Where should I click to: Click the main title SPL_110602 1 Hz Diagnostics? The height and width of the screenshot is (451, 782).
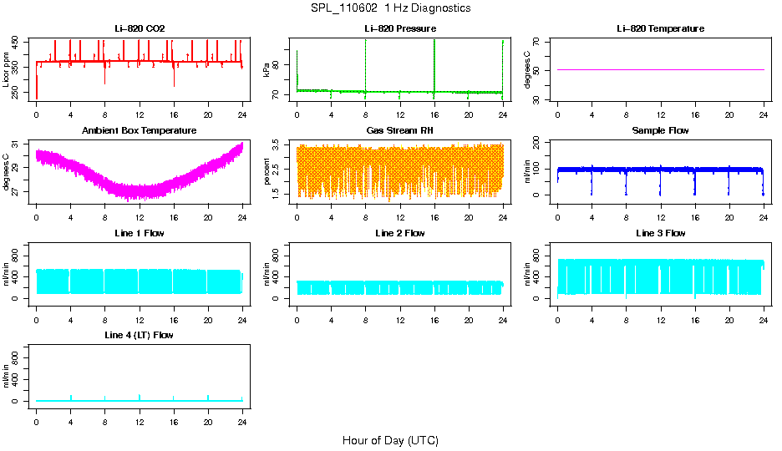pyautogui.click(x=390, y=8)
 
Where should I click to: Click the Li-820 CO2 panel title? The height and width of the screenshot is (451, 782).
pyautogui.click(x=140, y=29)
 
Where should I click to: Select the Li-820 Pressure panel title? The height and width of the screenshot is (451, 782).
pyautogui.click(x=399, y=29)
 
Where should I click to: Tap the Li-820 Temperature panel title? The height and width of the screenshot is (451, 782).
pyautogui.click(x=660, y=29)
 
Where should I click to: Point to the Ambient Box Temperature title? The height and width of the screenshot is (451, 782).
pyautogui.click(x=140, y=131)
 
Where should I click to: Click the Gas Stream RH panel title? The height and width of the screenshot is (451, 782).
pyautogui.click(x=399, y=131)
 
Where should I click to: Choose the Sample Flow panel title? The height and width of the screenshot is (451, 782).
pyautogui.click(x=660, y=131)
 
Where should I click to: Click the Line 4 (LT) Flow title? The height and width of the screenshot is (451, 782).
pyautogui.click(x=140, y=335)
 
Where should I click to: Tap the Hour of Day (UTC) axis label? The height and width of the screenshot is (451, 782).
pyautogui.click(x=390, y=440)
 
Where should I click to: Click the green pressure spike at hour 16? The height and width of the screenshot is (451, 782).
pyautogui.click(x=434, y=63)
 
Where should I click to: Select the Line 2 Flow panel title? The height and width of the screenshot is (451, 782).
pyautogui.click(x=399, y=233)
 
